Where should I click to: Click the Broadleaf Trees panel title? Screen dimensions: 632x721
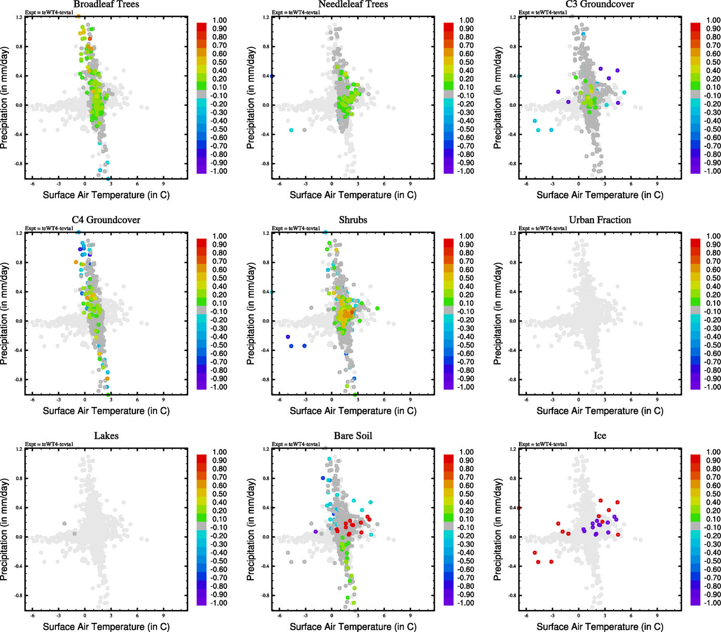tap(106, 4)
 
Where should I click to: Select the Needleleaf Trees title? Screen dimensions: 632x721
tap(353, 4)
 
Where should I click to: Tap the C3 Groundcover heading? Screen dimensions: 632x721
tap(600, 4)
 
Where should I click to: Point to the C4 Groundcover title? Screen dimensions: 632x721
tap(106, 220)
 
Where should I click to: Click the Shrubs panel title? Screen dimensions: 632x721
tap(353, 220)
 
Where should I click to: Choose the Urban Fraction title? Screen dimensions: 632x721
tap(600, 220)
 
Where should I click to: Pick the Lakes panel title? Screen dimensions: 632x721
tap(106, 436)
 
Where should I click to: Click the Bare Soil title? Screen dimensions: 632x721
tap(353, 436)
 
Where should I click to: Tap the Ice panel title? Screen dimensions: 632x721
tap(600, 436)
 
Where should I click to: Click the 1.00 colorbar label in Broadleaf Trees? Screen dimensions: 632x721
tap(220, 21)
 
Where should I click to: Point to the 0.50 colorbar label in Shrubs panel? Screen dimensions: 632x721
tap(466, 278)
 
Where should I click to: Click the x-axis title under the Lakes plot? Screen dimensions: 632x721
tap(106, 627)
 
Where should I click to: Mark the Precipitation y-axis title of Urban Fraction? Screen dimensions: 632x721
tap(498, 314)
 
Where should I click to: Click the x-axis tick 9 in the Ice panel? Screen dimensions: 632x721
tap(657, 615)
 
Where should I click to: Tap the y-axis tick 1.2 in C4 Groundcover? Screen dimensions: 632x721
tap(19, 233)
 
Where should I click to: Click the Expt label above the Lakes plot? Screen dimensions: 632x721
tap(49, 445)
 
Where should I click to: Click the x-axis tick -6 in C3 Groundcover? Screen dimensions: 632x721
tap(526, 184)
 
